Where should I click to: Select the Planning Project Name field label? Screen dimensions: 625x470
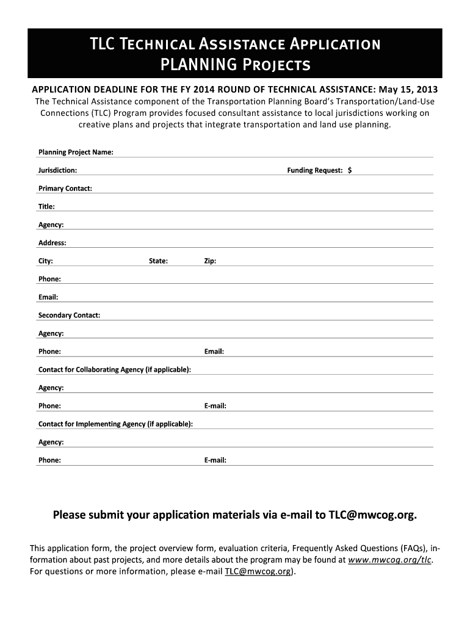(76, 152)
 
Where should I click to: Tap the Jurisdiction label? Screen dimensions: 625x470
(57, 170)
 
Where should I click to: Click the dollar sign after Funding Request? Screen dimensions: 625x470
(350, 170)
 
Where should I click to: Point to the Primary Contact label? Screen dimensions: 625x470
(65, 189)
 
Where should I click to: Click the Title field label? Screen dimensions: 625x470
(46, 207)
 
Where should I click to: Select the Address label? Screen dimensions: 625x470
(52, 243)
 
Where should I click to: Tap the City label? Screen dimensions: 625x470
(46, 261)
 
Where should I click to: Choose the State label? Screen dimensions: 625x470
(158, 261)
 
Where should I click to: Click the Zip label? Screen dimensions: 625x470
(210, 261)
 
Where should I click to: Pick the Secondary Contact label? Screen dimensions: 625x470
(69, 316)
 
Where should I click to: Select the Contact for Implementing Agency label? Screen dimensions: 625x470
(116, 424)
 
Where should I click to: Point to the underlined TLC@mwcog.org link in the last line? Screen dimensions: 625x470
(258, 572)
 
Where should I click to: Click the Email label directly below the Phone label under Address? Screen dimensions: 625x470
(48, 297)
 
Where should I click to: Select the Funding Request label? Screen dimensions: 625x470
(315, 170)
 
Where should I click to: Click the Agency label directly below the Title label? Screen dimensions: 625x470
(51, 225)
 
